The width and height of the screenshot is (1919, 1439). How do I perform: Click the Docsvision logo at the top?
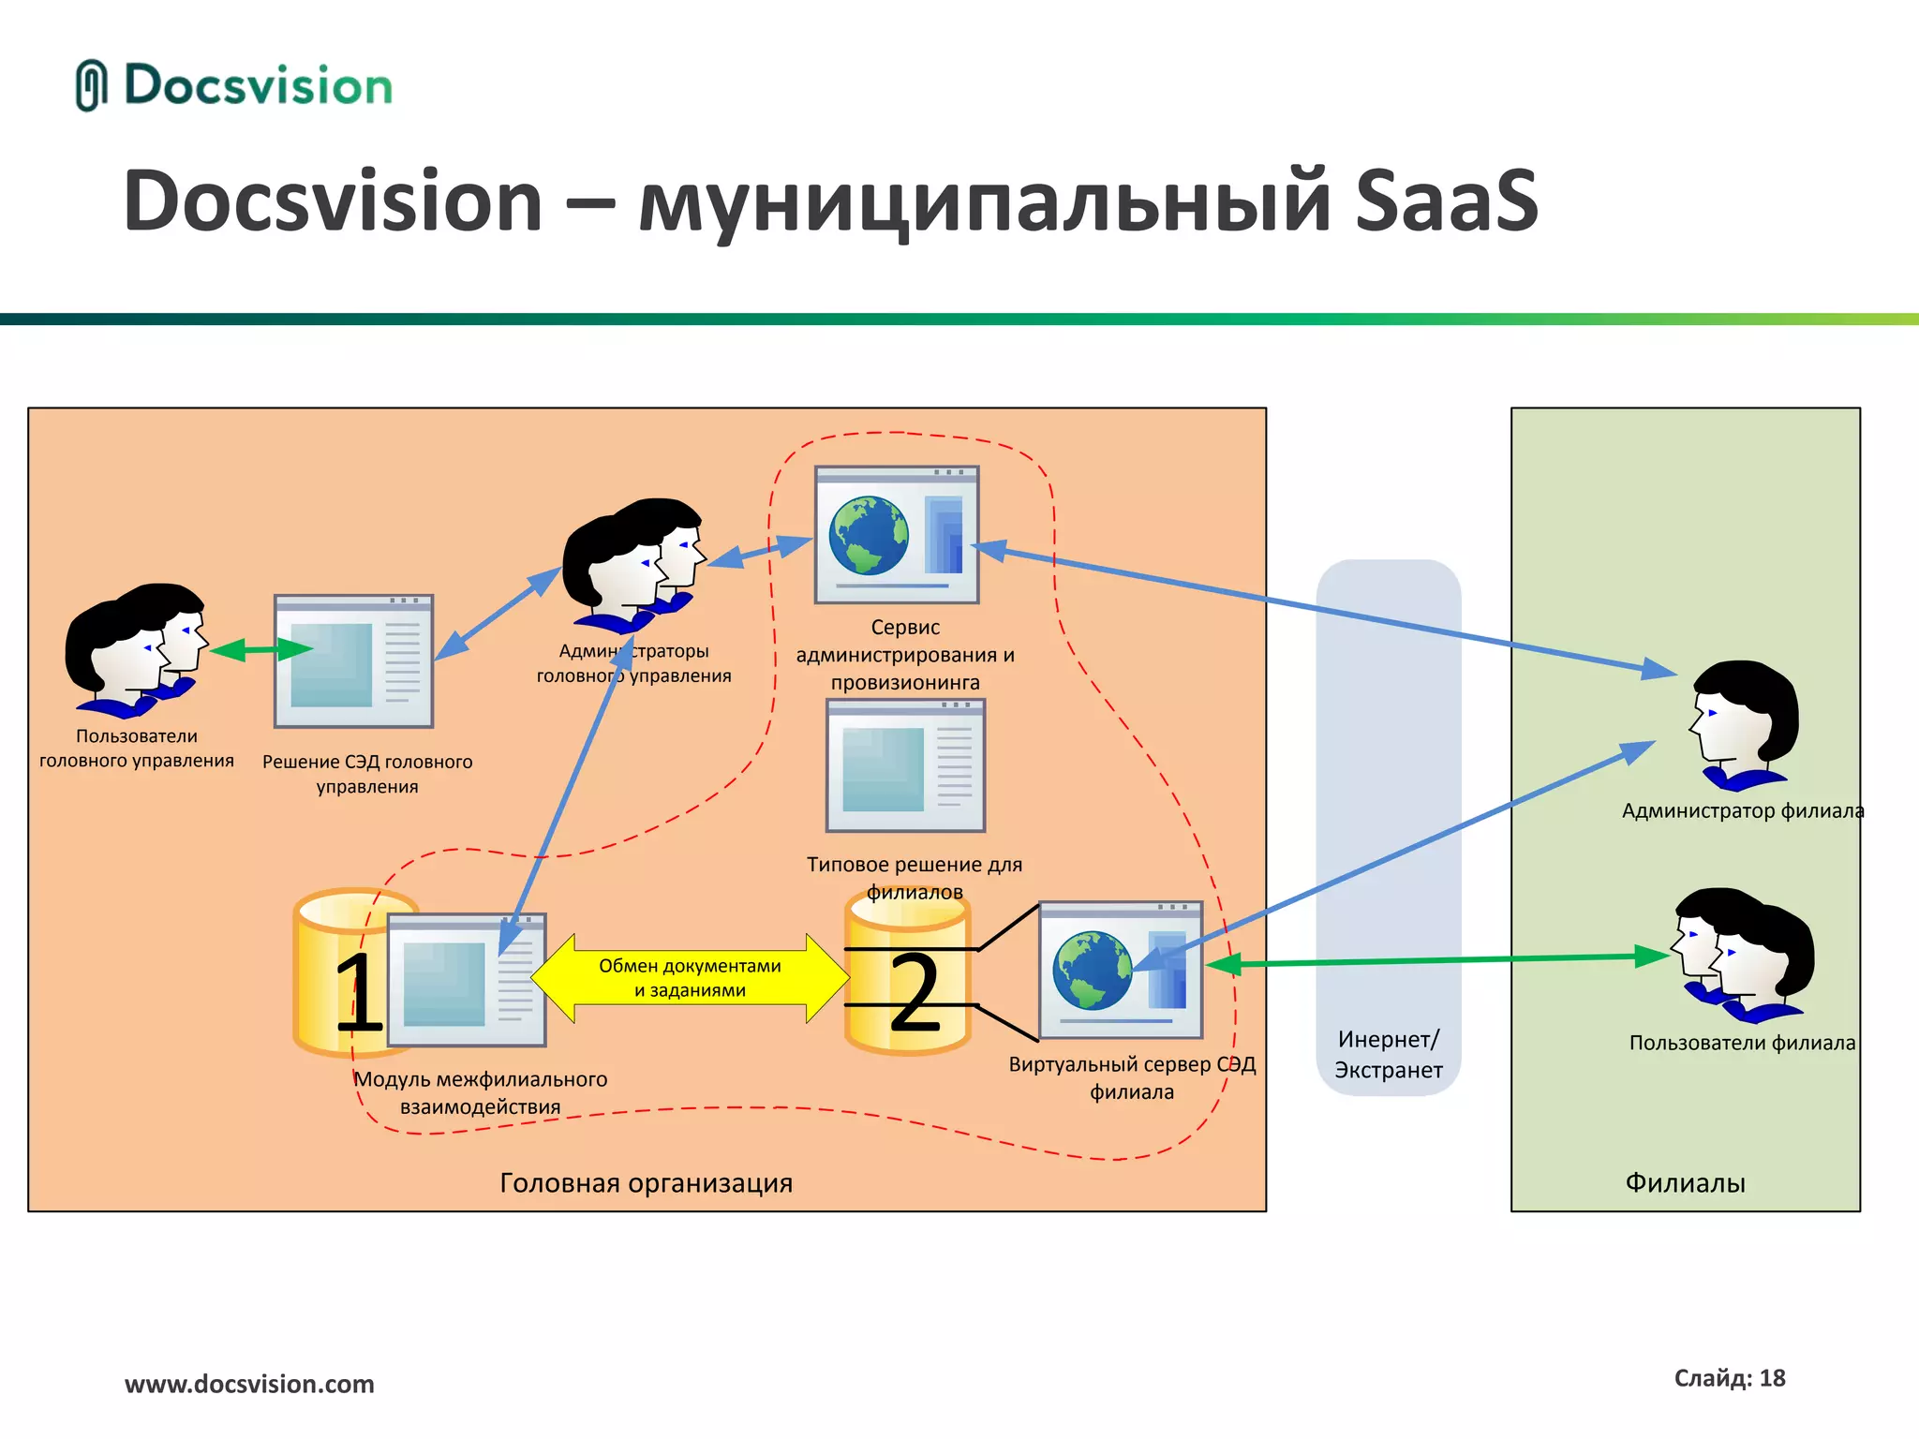(234, 86)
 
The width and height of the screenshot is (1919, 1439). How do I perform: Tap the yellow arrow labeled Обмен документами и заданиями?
(691, 978)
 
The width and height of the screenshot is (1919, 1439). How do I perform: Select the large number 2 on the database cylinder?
(914, 993)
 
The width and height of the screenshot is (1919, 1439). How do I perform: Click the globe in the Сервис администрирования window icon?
(869, 535)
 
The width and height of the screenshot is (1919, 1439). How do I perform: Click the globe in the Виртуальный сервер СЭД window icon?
(1092, 970)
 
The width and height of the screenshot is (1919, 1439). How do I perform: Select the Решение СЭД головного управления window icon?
(353, 661)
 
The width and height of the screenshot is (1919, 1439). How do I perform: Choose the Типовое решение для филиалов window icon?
(905, 765)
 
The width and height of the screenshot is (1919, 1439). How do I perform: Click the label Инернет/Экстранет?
(1388, 1054)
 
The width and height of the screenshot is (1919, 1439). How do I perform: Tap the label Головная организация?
(646, 1183)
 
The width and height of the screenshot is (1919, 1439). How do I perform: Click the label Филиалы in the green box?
(1685, 1183)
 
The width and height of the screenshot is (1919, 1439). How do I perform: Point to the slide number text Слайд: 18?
(1730, 1378)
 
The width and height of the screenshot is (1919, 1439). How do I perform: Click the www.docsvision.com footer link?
(249, 1384)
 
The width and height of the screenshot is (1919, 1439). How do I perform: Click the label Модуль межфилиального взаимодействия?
(480, 1092)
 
